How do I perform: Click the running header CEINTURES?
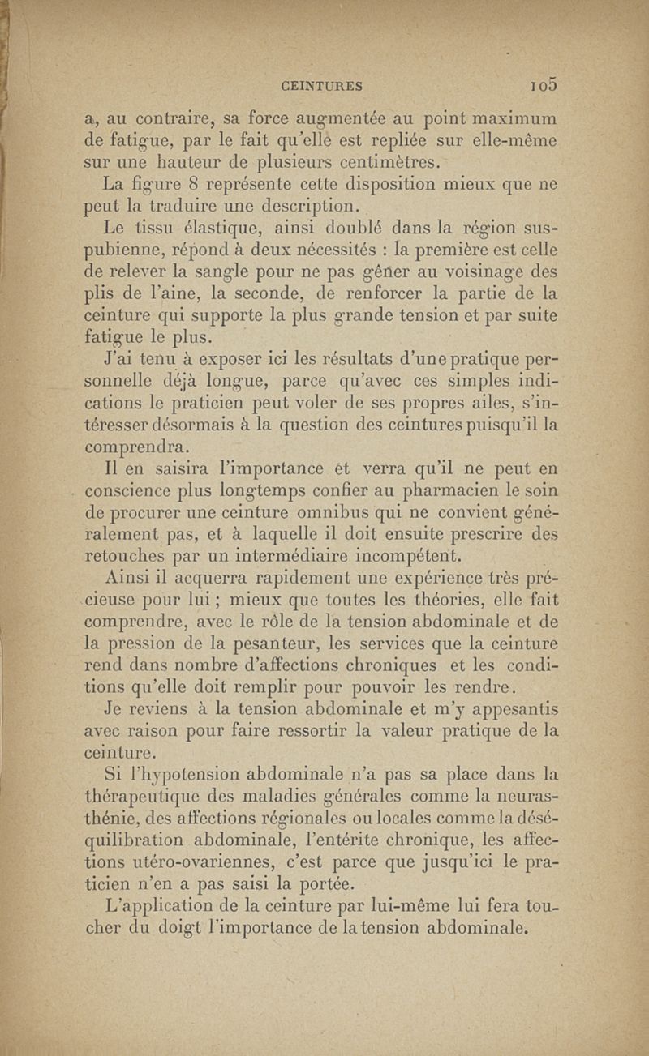[x=320, y=84]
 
